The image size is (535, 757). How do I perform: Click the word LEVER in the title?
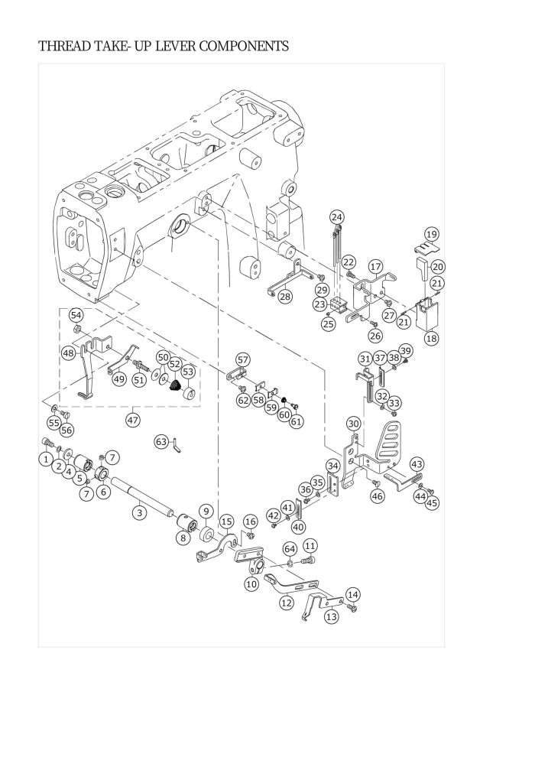[x=173, y=47]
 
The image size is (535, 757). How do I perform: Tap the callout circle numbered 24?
[x=337, y=217]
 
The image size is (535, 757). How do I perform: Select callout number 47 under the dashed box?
[x=133, y=420]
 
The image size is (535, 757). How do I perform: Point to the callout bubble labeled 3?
[x=139, y=512]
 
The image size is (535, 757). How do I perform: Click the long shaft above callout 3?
[x=142, y=495]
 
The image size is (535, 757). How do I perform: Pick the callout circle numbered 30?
[x=354, y=424]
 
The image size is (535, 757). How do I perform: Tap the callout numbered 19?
[x=431, y=235]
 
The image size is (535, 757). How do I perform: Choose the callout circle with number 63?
[x=161, y=441]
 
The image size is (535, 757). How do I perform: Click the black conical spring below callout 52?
[x=176, y=385]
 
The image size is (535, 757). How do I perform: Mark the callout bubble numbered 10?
[x=251, y=583]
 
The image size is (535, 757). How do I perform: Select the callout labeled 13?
[x=332, y=616]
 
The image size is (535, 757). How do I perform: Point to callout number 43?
[x=417, y=464]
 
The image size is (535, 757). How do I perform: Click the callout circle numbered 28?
[x=285, y=296]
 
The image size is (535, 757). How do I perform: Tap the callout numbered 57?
[x=242, y=359]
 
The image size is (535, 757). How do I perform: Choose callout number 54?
[x=76, y=315]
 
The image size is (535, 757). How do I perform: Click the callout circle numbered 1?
[x=46, y=459]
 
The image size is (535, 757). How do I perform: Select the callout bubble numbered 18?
[x=431, y=339]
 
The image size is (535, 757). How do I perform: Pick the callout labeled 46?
[x=378, y=495]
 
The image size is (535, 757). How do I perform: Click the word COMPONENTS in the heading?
[x=244, y=47]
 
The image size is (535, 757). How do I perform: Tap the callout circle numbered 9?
[x=206, y=511]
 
